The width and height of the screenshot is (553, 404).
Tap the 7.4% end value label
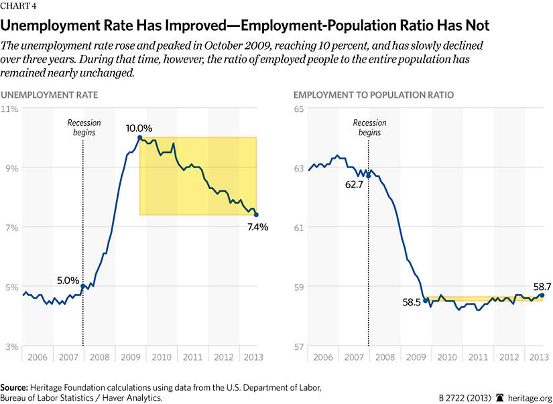(x=257, y=227)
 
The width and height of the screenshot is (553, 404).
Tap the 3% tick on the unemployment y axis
(x=11, y=346)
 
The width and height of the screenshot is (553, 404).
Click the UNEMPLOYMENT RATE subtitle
(x=50, y=95)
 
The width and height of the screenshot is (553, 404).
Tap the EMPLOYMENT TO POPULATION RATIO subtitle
(x=374, y=95)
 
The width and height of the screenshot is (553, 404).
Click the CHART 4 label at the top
(x=20, y=8)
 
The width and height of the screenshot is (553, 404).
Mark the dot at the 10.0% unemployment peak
(x=139, y=138)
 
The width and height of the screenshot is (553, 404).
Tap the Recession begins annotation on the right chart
(x=369, y=128)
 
